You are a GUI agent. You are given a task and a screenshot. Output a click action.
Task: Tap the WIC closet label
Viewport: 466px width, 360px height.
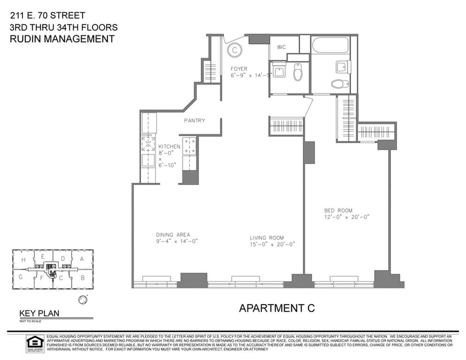(281, 47)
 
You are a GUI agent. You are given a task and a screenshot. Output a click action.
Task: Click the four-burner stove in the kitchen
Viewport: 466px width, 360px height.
(149, 143)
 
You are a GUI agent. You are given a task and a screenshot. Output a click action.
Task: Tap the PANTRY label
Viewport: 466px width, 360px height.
(194, 120)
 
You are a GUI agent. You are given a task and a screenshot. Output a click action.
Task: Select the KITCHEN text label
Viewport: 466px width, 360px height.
(169, 147)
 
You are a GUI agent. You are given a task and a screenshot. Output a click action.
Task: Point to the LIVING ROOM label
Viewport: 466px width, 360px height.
(266, 238)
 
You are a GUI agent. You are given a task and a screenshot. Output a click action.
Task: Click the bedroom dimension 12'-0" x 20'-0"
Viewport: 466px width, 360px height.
(347, 217)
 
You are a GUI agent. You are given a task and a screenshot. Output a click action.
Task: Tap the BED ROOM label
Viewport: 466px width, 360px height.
(338, 210)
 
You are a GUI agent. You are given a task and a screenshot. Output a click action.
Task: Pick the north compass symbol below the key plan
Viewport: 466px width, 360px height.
(83, 300)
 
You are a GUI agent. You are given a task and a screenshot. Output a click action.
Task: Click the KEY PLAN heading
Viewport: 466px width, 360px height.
(39, 313)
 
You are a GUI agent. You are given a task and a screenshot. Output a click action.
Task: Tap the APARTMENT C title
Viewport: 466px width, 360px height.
(276, 308)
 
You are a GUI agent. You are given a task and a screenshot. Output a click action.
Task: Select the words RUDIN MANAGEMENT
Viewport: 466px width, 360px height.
(62, 39)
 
